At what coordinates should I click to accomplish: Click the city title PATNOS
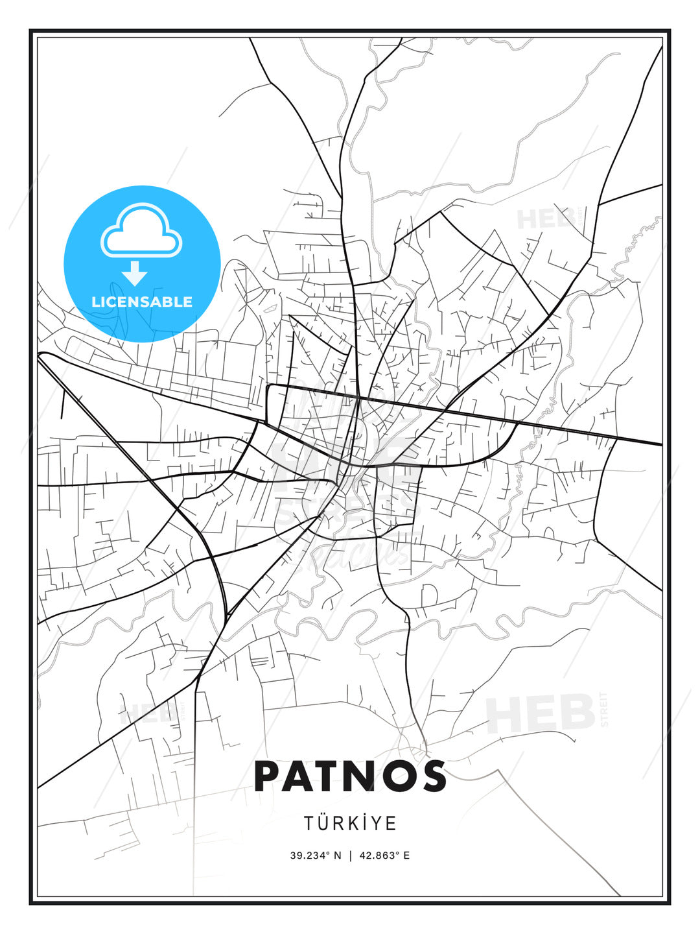pyautogui.click(x=350, y=776)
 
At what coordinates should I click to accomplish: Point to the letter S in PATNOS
pyautogui.click(x=430, y=776)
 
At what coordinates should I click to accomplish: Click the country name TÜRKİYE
pyautogui.click(x=350, y=823)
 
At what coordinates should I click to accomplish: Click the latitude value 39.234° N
pyautogui.click(x=315, y=856)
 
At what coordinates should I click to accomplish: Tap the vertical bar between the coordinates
pyautogui.click(x=350, y=856)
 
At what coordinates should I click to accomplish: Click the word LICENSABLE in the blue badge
pyautogui.click(x=142, y=302)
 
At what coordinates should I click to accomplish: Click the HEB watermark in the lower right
pyautogui.click(x=541, y=713)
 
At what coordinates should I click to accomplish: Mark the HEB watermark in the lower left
pyautogui.click(x=146, y=713)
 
